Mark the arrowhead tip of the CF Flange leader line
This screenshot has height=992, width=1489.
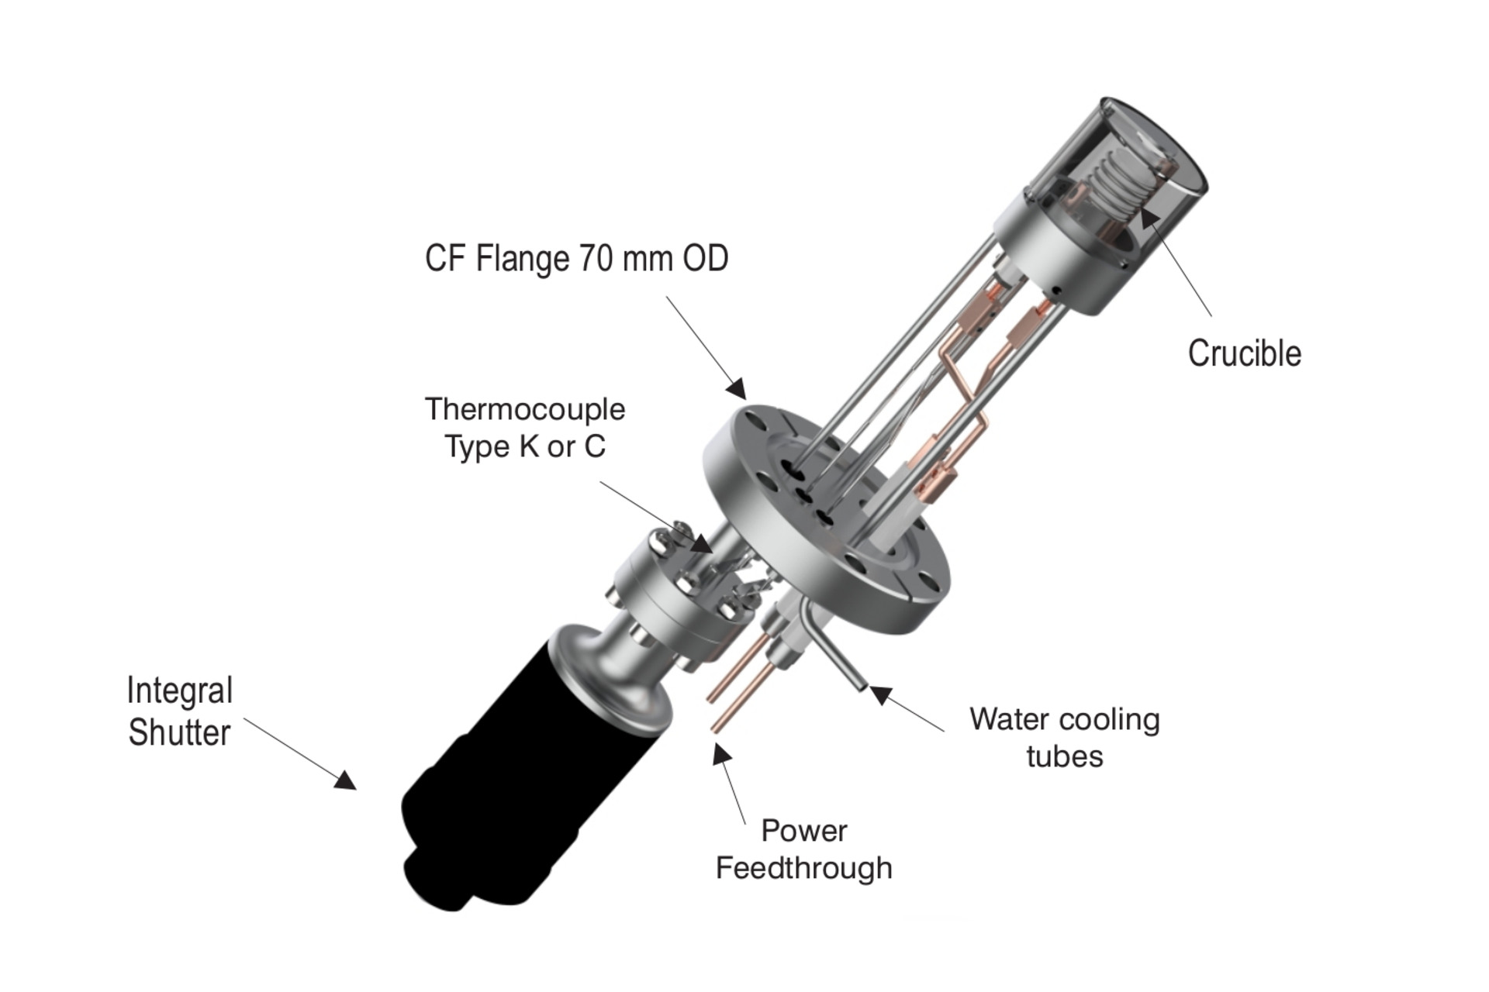click(745, 398)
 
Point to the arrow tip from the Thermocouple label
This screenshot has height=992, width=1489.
click(713, 553)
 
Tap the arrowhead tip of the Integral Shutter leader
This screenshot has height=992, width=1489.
click(357, 789)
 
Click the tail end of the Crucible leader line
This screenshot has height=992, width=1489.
click(1211, 316)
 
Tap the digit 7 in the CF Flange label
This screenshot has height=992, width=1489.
click(586, 259)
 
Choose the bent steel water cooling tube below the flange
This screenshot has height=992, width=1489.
click(831, 644)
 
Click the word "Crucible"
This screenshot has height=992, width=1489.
click(1245, 353)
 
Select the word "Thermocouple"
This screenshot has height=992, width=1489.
click(525, 410)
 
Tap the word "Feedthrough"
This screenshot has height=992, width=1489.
click(804, 868)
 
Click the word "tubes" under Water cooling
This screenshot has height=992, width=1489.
click(1065, 756)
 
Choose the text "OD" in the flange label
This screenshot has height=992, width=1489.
click(706, 259)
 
